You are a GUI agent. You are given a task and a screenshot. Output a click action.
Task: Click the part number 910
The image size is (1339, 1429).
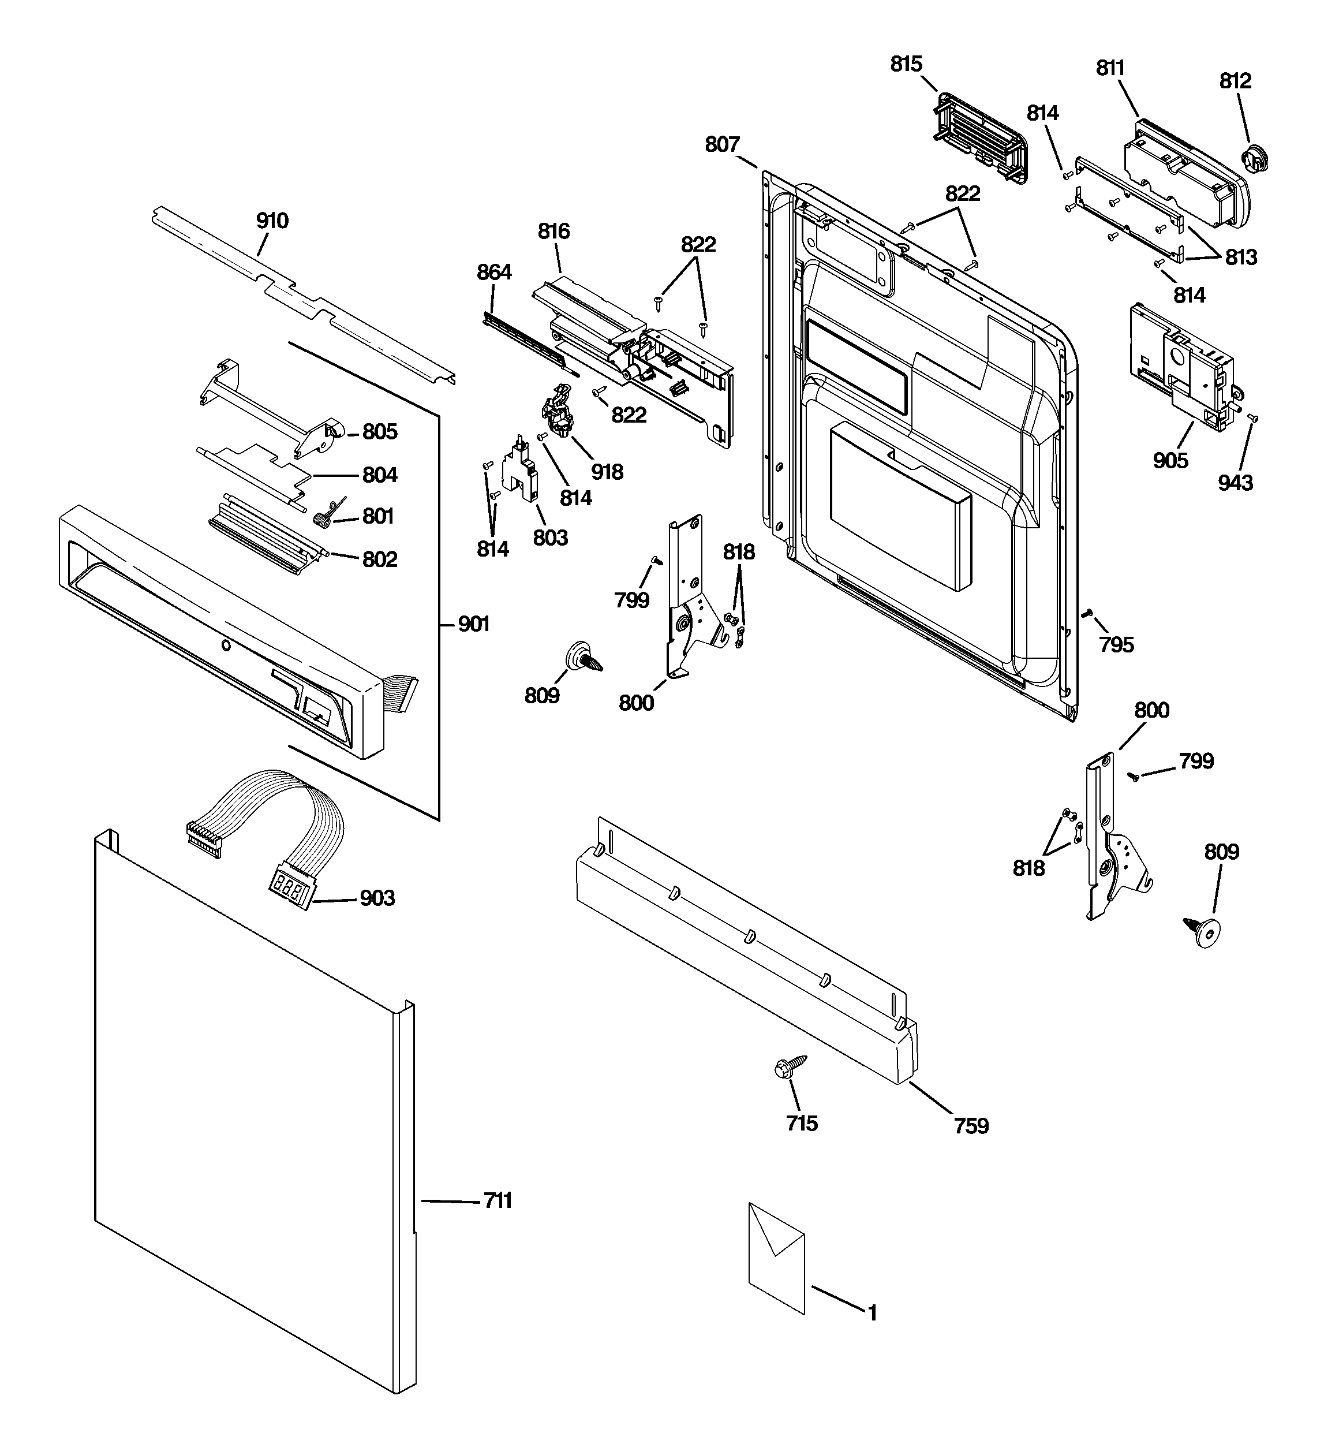pyautogui.click(x=272, y=221)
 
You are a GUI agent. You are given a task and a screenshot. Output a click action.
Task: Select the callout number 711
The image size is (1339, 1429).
pyautogui.click(x=498, y=1200)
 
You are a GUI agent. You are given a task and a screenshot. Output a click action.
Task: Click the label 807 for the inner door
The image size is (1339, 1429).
pyautogui.click(x=721, y=145)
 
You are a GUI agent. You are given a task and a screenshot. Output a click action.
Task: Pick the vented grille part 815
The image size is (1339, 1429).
pyautogui.click(x=979, y=138)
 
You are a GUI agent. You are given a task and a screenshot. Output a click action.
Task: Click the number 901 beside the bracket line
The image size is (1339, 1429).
pyautogui.click(x=474, y=624)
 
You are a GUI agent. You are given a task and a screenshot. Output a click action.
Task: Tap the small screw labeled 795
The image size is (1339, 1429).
pyautogui.click(x=1088, y=613)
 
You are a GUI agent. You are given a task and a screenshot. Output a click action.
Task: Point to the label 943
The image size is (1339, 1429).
pyautogui.click(x=1235, y=483)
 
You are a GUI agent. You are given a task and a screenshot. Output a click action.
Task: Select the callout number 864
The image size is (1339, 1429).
pyautogui.click(x=494, y=272)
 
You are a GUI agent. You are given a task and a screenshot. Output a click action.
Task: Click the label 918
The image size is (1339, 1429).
pyautogui.click(x=607, y=472)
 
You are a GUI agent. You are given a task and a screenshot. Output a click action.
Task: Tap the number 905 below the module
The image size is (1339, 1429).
pyautogui.click(x=1170, y=461)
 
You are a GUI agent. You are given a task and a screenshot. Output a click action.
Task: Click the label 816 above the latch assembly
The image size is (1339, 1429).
pyautogui.click(x=553, y=232)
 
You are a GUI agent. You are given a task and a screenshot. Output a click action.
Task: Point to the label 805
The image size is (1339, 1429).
pyautogui.click(x=380, y=432)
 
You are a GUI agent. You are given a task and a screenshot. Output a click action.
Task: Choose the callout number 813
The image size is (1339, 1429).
pyautogui.click(x=1240, y=258)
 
